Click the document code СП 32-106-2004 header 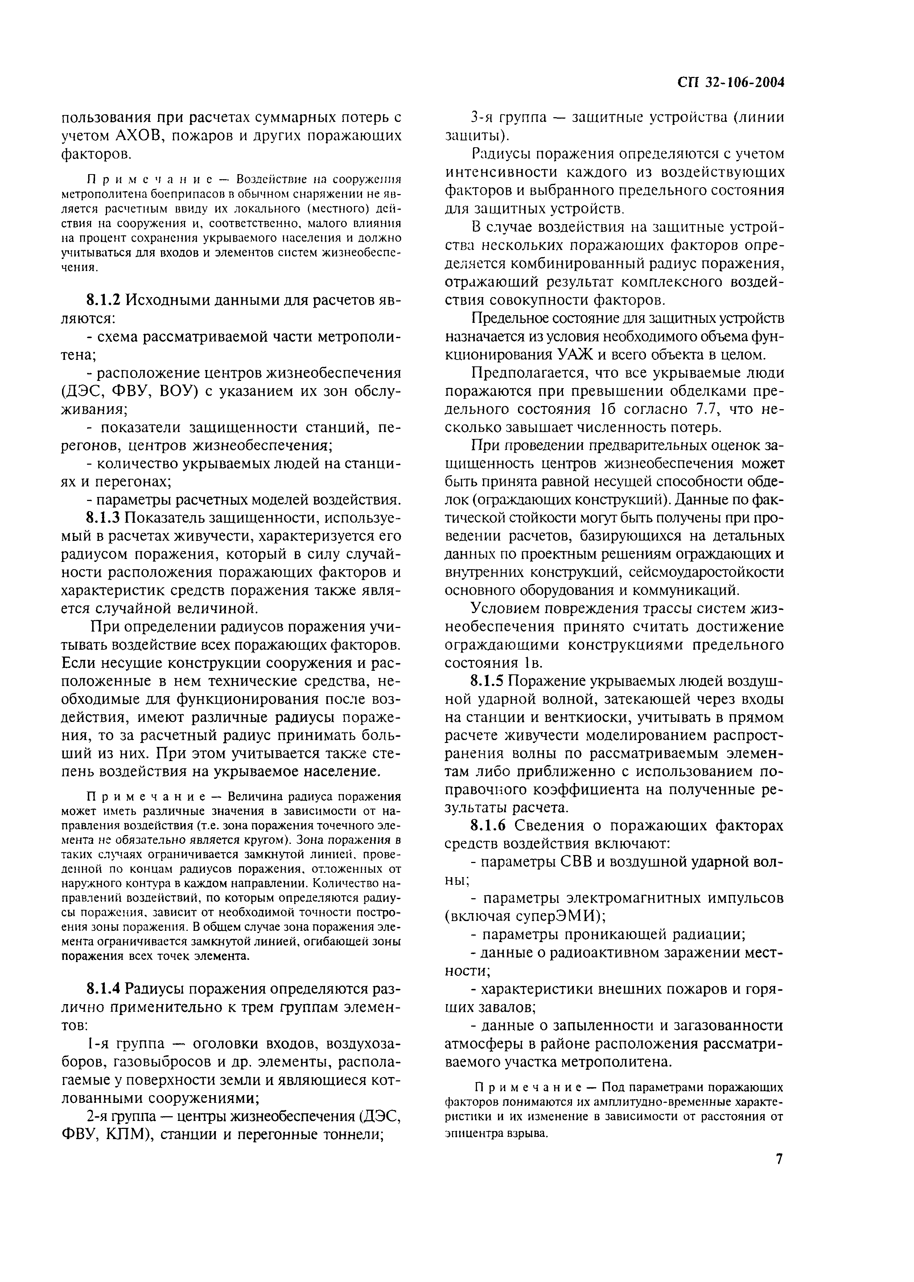(730, 83)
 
